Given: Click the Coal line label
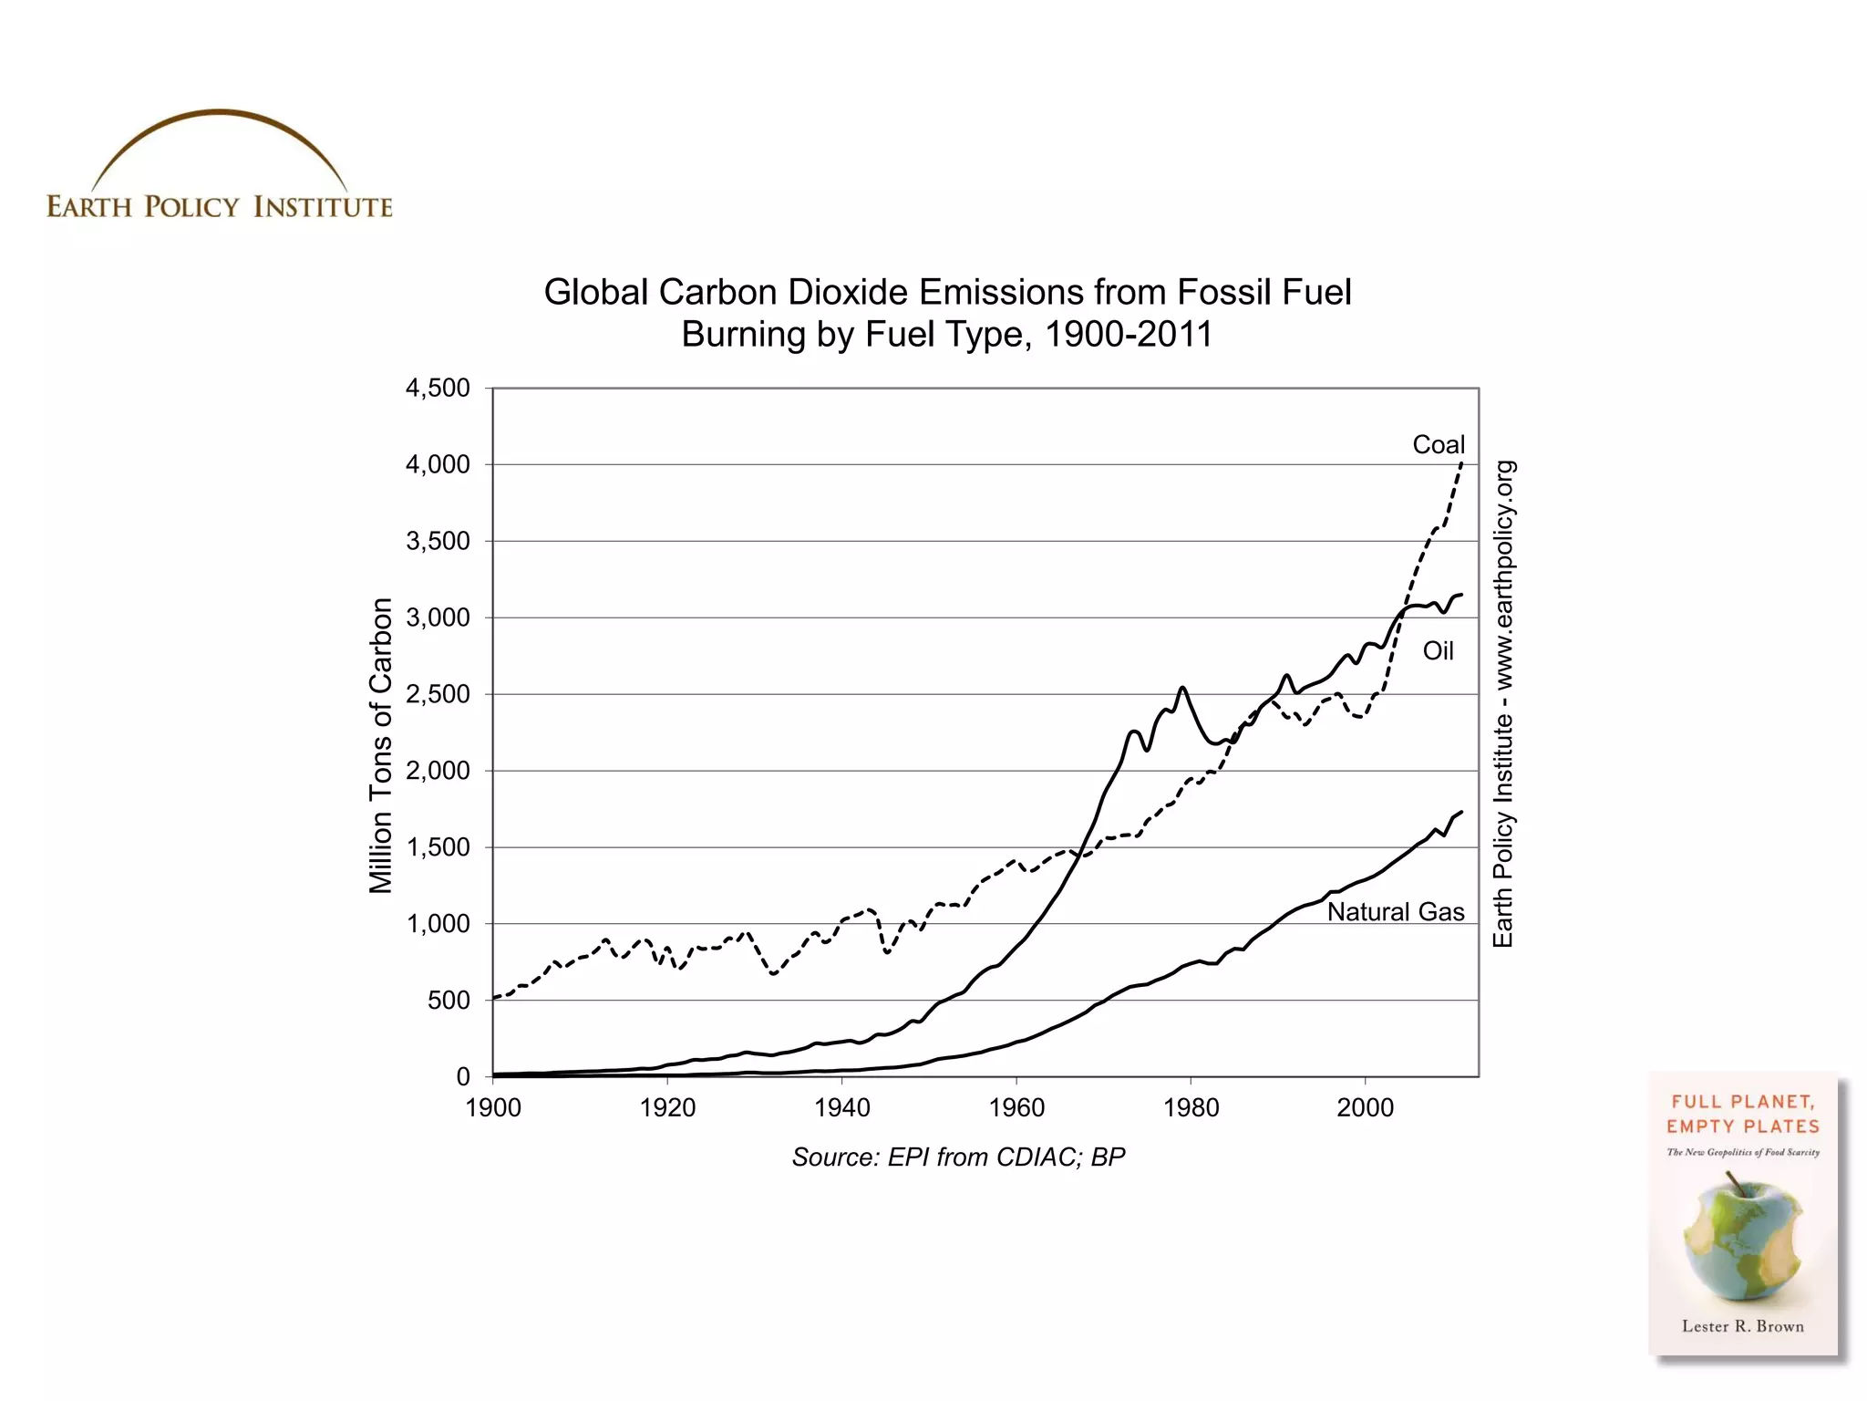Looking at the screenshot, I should click(x=1438, y=444).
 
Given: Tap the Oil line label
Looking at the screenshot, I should click(x=1438, y=650).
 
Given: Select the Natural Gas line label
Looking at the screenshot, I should click(x=1395, y=911).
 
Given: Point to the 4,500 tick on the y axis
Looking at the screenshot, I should click(x=438, y=388).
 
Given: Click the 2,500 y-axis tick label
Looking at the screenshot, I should click(x=438, y=694).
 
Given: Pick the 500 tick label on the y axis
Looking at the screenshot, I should click(x=449, y=1001).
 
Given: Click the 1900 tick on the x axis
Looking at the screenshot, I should click(x=493, y=1107).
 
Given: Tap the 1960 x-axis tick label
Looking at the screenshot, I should click(x=1016, y=1107).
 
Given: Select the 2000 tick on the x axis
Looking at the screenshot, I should click(x=1365, y=1107).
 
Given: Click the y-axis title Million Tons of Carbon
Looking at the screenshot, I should click(x=380, y=745).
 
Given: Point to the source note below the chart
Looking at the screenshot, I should click(x=958, y=1157).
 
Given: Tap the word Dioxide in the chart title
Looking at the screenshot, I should click(x=848, y=292).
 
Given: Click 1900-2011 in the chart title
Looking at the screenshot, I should click(x=1128, y=334).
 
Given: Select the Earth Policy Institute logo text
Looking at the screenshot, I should click(x=220, y=207).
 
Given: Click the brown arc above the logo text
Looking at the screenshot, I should click(x=219, y=114).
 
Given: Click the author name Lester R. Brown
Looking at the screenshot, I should click(x=1742, y=1326).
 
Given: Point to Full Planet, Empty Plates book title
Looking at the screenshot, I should click(x=1742, y=1114).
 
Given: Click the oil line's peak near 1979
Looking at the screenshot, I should click(x=1182, y=688).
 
